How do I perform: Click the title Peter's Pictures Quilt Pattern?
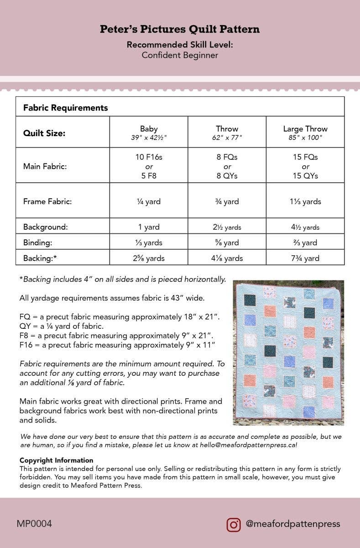[x=180, y=30]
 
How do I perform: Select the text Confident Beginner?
[x=180, y=55]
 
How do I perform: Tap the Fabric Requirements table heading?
[x=65, y=108]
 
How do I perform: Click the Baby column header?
[x=149, y=132]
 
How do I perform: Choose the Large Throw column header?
[x=305, y=132]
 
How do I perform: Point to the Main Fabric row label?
[x=45, y=166]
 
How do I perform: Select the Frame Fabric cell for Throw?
[x=227, y=201]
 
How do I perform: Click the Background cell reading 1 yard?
[x=149, y=227]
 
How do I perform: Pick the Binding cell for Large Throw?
[x=305, y=242]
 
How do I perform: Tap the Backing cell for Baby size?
[x=149, y=258]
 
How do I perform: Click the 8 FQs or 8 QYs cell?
[x=227, y=166]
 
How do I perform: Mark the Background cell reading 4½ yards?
[x=305, y=227]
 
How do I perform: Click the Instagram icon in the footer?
[x=234, y=524]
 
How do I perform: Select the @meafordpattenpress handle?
[x=292, y=524]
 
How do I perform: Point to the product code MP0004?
[x=34, y=524]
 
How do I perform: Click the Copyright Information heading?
[x=56, y=460]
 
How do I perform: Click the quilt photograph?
[x=288, y=353]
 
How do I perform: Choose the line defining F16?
[x=117, y=344]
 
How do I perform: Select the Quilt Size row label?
[x=44, y=133]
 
